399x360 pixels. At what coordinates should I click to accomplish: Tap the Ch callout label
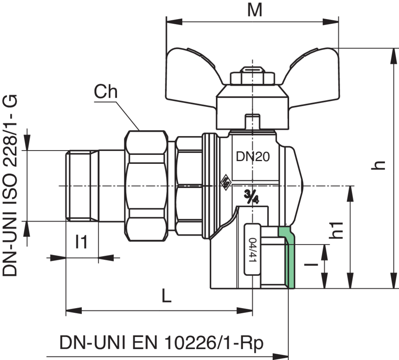coord(106,91)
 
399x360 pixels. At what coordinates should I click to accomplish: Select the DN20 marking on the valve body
coord(252,156)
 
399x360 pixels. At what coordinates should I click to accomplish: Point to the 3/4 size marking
coord(251,196)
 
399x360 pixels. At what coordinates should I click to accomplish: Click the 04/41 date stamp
coord(252,249)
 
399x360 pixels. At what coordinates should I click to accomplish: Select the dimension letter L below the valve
coord(167,296)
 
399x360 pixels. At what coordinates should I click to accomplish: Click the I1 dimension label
coord(81,242)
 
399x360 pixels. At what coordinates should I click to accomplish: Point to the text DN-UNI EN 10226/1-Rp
coord(161,343)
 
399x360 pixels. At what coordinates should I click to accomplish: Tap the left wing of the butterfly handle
coord(193,76)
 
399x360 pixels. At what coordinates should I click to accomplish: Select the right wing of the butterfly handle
coord(312,76)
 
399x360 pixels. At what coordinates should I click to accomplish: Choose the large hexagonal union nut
coord(147,186)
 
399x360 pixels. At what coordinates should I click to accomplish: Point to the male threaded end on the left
coord(82,186)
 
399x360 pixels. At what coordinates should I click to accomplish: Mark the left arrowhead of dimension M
coord(174,22)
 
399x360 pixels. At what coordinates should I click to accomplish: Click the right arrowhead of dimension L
coord(245,311)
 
